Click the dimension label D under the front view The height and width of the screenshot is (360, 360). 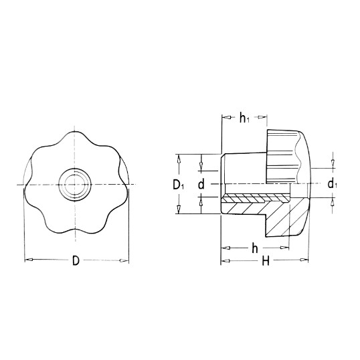point(76,260)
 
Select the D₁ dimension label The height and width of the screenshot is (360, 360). point(178,185)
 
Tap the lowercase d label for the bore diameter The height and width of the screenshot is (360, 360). point(201,185)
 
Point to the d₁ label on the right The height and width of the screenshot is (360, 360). point(332,184)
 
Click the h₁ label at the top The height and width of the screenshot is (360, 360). point(244,118)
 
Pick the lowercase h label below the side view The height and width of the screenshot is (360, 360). point(255,248)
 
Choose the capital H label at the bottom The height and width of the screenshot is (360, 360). point(266,261)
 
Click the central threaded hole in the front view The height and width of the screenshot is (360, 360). point(75,185)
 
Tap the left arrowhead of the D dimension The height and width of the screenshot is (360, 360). point(29,260)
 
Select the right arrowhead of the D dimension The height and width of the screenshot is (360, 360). point(124,260)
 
